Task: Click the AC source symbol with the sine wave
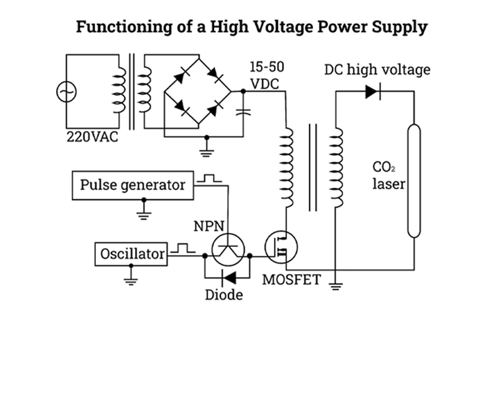(x=65, y=93)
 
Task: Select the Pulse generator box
(x=133, y=185)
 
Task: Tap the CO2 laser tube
(x=413, y=181)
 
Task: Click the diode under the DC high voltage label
(x=373, y=92)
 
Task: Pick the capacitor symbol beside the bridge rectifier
(x=243, y=113)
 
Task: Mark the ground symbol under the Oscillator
(x=131, y=278)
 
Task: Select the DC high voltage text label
(x=377, y=69)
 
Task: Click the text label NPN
(x=209, y=226)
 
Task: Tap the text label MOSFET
(x=291, y=279)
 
